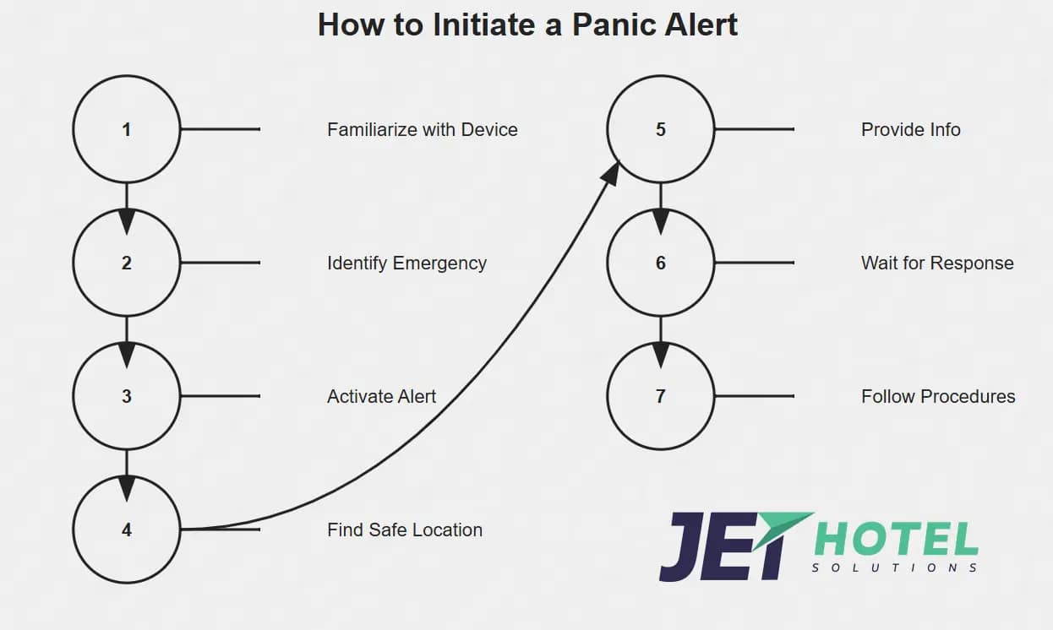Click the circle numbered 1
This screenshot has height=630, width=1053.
click(x=127, y=129)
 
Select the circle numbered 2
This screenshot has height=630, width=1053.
click(x=127, y=263)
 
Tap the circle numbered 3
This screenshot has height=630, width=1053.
click(x=127, y=396)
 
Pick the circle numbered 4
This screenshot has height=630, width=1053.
click(x=127, y=530)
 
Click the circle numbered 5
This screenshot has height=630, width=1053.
click(x=661, y=129)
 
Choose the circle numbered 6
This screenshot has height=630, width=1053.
click(x=661, y=263)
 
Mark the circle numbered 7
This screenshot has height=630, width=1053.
click(x=661, y=396)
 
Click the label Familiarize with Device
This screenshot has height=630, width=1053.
click(x=422, y=129)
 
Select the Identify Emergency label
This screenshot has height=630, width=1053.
click(x=406, y=263)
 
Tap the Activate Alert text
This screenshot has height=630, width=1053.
click(x=381, y=396)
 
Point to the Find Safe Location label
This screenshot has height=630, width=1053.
click(x=405, y=530)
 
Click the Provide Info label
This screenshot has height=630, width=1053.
click(x=910, y=129)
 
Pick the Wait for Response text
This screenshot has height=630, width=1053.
click(x=937, y=263)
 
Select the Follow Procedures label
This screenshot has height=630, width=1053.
click(x=938, y=396)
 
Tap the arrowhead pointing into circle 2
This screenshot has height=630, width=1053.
click(x=127, y=220)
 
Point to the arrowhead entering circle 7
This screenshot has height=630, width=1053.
click(x=661, y=354)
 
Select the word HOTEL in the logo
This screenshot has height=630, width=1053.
click(x=896, y=540)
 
